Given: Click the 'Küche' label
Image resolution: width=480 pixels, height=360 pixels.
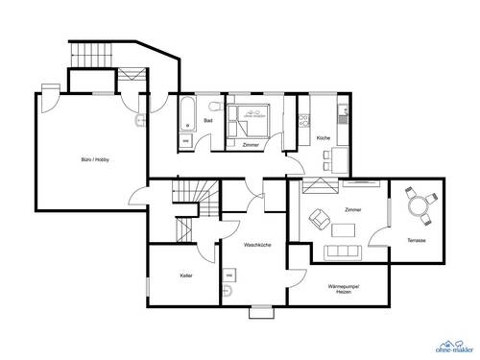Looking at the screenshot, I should coord(324,139).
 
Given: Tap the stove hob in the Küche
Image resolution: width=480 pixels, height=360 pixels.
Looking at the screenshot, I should coord(305,122).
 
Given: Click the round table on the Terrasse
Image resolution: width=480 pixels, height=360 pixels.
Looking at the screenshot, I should coord(418,203).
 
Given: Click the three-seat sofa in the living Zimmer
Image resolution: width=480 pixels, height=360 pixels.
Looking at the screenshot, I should coord(343,252).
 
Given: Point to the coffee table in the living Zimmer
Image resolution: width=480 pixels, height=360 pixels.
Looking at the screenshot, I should coord(343,229).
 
